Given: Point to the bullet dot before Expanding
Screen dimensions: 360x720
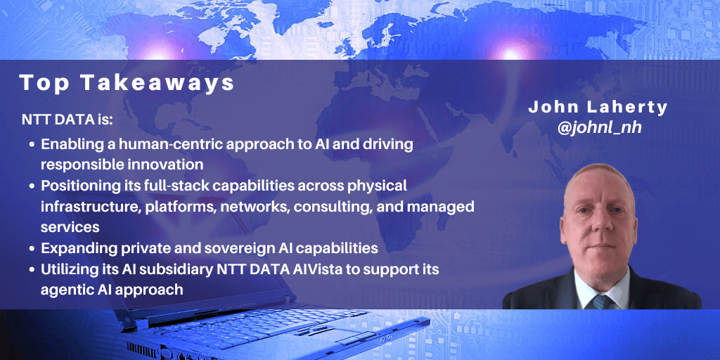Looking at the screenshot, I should tap(32, 249).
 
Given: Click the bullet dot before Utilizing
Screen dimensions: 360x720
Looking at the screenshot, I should tap(32, 270).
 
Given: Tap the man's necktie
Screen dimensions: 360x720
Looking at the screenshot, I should tap(601, 301).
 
